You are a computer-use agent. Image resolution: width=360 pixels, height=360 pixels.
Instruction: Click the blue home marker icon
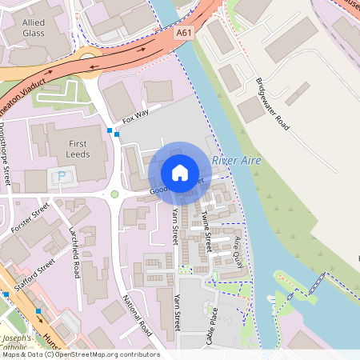click(x=180, y=172)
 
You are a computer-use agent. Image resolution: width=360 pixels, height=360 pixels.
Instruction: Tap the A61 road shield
click(x=185, y=33)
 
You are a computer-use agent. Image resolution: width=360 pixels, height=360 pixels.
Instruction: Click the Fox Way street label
click(x=135, y=118)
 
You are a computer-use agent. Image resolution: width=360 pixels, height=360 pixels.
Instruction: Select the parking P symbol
click(x=61, y=176)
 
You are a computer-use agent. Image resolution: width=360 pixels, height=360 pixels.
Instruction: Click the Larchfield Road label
click(x=75, y=251)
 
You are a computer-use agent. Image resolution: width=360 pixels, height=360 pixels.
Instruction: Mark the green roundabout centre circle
click(x=115, y=194)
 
